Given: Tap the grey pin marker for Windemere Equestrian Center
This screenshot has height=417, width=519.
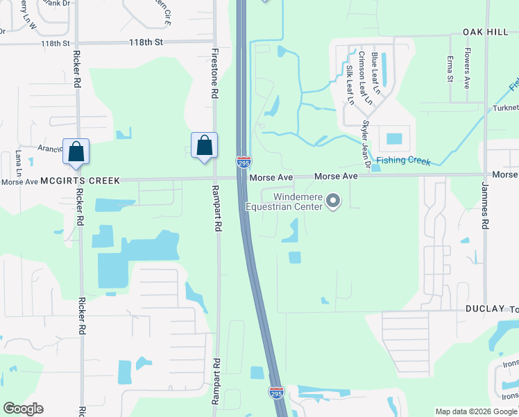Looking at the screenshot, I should coord(333,202).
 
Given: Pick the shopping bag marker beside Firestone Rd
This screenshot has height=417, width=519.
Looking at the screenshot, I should coord(204,146).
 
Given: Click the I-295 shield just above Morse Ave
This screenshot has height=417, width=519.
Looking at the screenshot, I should coord(243,162).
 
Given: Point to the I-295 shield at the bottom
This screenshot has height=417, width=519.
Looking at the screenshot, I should coord(276,393).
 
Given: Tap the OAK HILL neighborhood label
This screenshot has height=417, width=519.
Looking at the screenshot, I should coord(486,33).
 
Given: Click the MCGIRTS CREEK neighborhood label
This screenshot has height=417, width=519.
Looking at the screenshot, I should coord(80,181).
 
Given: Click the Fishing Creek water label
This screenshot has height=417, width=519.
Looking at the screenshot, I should coord(402,162).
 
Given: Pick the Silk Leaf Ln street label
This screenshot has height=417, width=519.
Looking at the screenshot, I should coord(350,85).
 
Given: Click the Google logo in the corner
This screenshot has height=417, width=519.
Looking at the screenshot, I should coord(23,409).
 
